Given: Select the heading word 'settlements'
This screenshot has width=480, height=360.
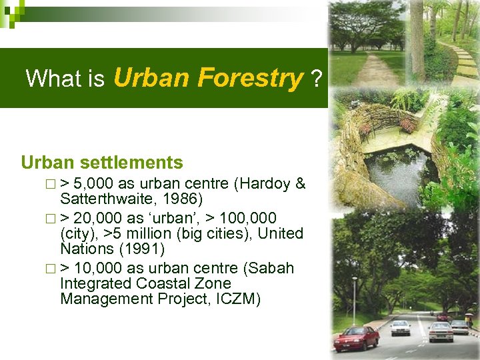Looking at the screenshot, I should click(x=141, y=162).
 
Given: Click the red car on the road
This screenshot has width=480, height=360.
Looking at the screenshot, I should click(x=356, y=339).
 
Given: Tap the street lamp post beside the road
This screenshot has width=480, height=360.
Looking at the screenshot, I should click(x=354, y=300).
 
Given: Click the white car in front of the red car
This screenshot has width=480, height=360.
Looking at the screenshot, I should click(x=400, y=327).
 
